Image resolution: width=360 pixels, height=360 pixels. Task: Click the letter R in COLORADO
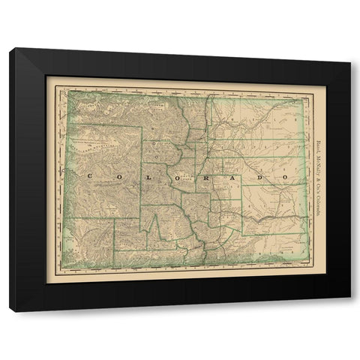tap(204, 177)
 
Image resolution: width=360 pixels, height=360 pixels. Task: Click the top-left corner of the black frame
tap(11, 49)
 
